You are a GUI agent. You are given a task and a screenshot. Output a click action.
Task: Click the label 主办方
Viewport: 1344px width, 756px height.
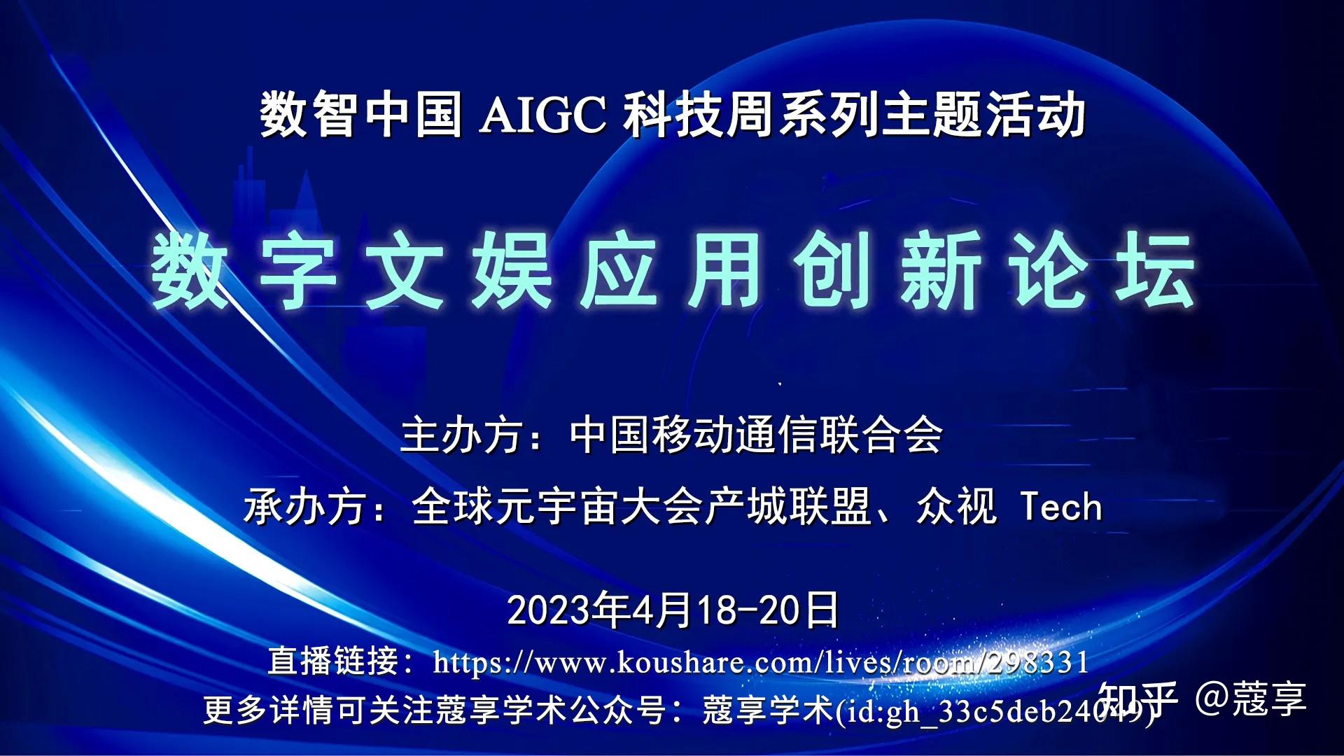click(461, 436)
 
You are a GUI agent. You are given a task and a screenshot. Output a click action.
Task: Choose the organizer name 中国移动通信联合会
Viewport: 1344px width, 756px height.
click(756, 436)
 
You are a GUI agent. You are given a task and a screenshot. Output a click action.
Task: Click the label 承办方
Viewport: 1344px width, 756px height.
click(304, 507)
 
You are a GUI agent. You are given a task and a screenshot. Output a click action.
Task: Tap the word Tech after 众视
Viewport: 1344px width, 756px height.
click(1061, 507)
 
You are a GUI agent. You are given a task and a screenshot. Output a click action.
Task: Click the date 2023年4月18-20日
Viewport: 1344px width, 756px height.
click(673, 610)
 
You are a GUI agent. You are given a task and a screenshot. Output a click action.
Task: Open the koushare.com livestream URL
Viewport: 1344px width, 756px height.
click(761, 662)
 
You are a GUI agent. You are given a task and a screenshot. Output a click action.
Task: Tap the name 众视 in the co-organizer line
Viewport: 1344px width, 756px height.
click(956, 507)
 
